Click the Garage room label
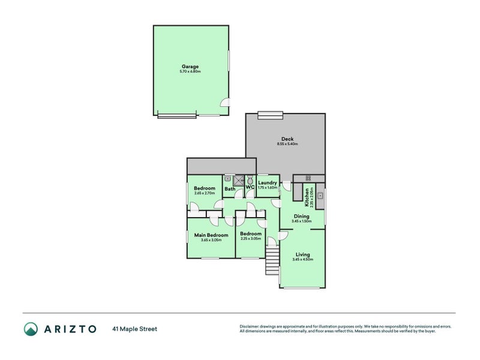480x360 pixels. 190,67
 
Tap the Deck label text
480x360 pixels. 287,139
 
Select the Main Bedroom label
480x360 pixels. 211,235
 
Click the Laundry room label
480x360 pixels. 268,182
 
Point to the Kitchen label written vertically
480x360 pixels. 307,194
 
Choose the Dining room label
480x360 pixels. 301,217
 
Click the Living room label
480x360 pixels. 302,254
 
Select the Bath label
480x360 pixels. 230,189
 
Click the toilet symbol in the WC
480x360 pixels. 250,179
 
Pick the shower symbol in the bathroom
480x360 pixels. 239,179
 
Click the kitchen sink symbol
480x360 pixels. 321,196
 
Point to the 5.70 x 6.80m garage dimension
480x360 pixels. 190,72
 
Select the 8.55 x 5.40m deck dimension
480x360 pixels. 287,144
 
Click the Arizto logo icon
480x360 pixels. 31,328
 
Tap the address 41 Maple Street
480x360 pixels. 134,329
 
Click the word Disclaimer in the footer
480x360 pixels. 250,326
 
